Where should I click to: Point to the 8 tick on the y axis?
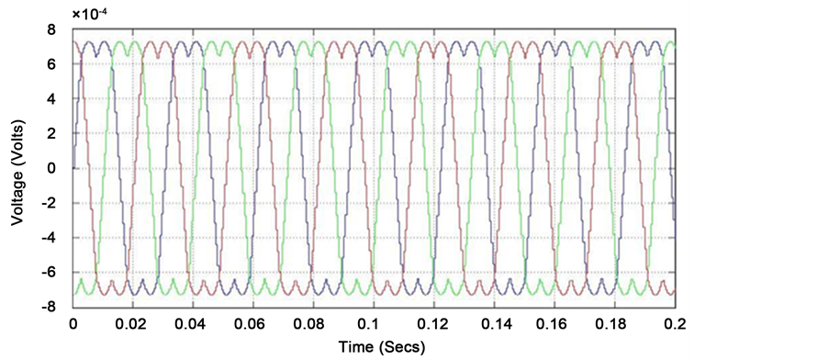[51, 29]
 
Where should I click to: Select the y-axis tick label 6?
[51, 64]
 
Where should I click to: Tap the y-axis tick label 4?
[51, 99]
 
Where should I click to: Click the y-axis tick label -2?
[49, 203]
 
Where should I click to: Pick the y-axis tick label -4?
[49, 238]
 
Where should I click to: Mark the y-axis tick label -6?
[49, 273]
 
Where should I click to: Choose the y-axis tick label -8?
[49, 308]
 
